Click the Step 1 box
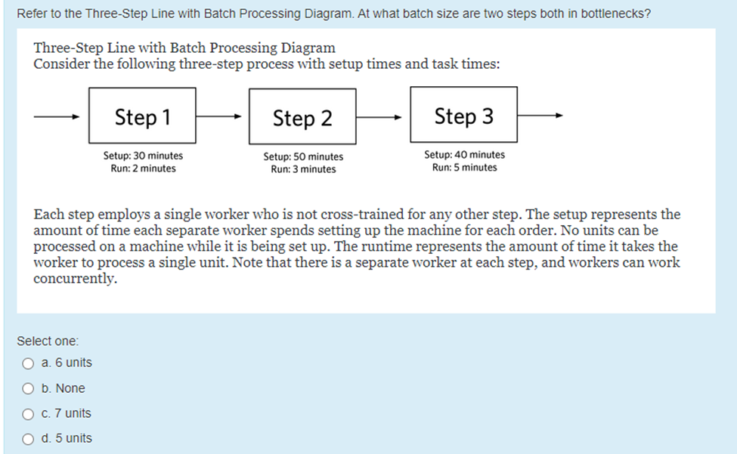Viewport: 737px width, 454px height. [x=143, y=117]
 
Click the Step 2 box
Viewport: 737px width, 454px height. [x=302, y=118]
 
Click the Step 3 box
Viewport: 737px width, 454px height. [x=463, y=116]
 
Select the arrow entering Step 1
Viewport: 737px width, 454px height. [x=57, y=117]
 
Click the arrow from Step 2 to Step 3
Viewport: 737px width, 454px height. [x=382, y=117]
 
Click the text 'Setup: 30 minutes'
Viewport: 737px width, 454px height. [x=143, y=156]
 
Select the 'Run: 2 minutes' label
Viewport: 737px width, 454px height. [x=143, y=168]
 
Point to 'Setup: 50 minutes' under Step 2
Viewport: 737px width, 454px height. [x=303, y=156]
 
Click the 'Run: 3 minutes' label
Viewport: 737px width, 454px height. [x=303, y=169]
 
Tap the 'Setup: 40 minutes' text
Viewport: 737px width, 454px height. [x=464, y=155]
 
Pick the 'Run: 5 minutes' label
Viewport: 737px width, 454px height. [x=464, y=168]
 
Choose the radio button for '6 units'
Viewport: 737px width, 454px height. [x=28, y=363]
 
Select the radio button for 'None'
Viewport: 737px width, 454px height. [x=28, y=389]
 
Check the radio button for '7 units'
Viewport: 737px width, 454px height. [x=28, y=414]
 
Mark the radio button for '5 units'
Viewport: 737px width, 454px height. [x=28, y=439]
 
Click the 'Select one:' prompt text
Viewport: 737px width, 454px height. [x=48, y=341]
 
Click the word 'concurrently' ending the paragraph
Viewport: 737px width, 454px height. [x=75, y=279]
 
